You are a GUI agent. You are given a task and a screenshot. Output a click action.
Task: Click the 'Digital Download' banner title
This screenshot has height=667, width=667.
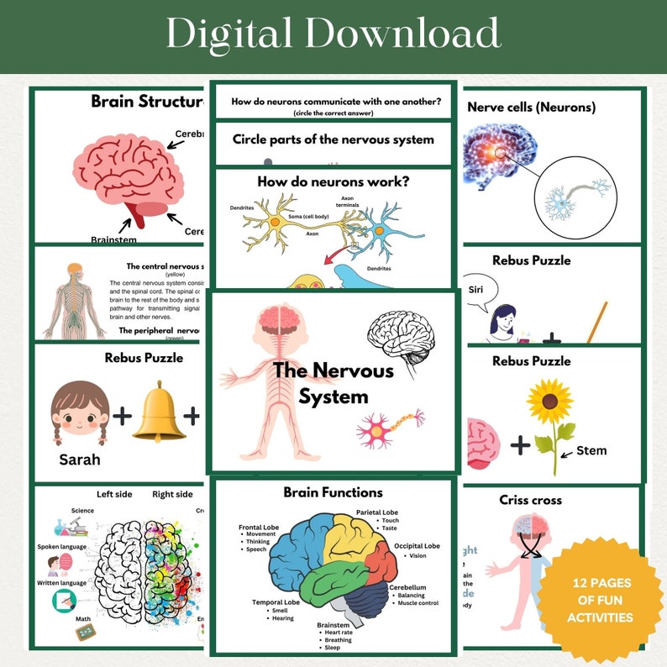tap(333, 34)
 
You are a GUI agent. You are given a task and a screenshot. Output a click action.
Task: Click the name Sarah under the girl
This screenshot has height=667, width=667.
tap(80, 460)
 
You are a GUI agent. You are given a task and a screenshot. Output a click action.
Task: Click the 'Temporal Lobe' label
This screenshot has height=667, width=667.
tap(276, 601)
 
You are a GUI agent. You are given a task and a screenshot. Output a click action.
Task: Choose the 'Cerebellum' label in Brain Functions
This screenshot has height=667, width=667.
tap(407, 587)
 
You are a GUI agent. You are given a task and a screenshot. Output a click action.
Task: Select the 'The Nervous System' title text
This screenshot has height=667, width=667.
tap(333, 382)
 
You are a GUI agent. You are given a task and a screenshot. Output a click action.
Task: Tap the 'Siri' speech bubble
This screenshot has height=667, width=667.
tap(476, 290)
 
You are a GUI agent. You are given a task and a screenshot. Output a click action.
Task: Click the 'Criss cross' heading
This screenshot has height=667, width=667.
tap(530, 500)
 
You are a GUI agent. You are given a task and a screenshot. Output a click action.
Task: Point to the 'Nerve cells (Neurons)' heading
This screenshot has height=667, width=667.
tap(531, 108)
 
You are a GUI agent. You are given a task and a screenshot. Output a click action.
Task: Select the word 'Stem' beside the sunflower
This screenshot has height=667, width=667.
tap(591, 451)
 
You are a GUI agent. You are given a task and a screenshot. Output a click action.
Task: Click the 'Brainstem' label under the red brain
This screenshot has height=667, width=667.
tap(113, 240)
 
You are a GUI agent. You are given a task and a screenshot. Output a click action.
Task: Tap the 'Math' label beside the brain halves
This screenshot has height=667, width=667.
tap(83, 620)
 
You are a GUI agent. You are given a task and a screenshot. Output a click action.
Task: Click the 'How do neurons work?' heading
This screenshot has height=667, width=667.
tap(333, 180)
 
